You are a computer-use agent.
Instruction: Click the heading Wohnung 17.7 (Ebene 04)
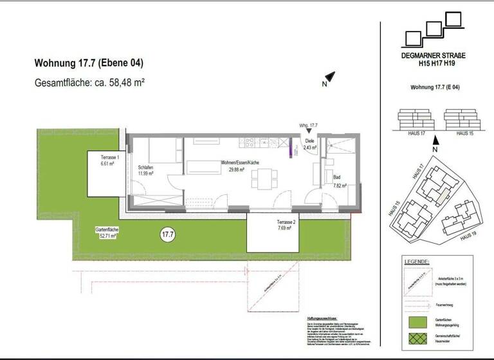[88, 64]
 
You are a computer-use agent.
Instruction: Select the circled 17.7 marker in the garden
[168, 235]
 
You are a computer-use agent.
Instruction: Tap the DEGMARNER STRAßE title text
[434, 57]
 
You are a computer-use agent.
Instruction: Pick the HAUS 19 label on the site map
[469, 237]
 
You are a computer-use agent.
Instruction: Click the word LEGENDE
[416, 262]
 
